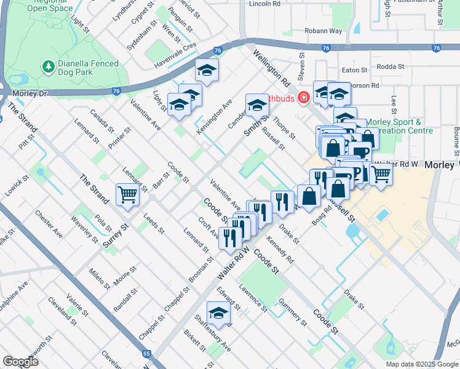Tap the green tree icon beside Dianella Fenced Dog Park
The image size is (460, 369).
tap(47, 66)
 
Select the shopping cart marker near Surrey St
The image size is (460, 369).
tap(127, 195)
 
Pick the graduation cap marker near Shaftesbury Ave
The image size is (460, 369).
tap(218, 314)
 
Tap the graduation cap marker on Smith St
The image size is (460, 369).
tap(257, 105)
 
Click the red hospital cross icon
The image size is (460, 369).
tap(303, 98)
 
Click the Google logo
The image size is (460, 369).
tap(21, 362)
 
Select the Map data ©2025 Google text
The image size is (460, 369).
tap(422, 364)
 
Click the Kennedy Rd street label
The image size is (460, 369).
tap(280, 249)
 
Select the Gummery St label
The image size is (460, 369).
tap(292, 311)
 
